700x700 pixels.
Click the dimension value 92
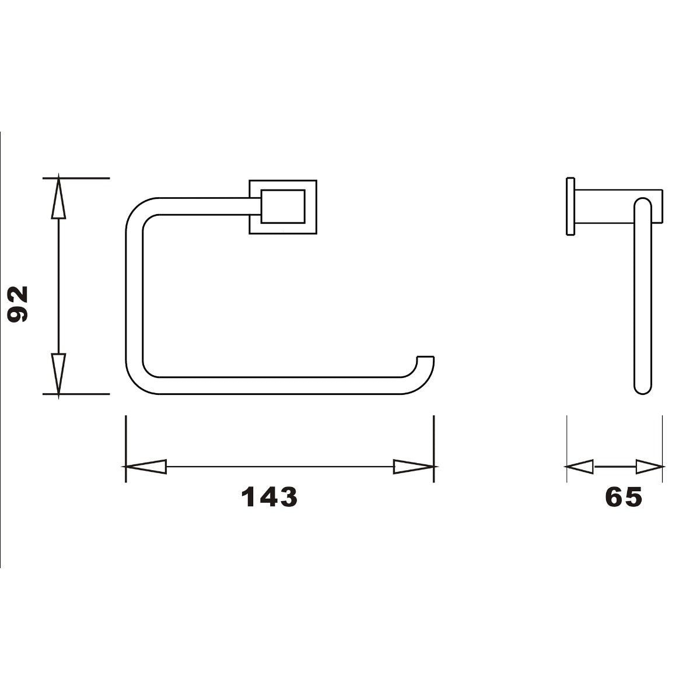tap(19, 304)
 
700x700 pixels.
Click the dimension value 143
tap(269, 497)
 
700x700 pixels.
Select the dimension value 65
tap(623, 497)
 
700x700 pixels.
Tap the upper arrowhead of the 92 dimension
tap(58, 198)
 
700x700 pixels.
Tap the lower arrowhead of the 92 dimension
tap(58, 373)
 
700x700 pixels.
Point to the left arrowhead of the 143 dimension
tap(146, 467)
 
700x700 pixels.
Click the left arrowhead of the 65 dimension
tap(580, 467)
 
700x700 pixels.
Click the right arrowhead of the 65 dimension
tap(649, 467)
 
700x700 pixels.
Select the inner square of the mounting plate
tap(283, 206)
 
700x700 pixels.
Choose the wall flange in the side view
tap(570, 206)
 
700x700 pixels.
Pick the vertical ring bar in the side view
tap(643, 297)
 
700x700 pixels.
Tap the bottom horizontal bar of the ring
tap(274, 386)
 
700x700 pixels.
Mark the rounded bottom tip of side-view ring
tap(643, 390)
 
